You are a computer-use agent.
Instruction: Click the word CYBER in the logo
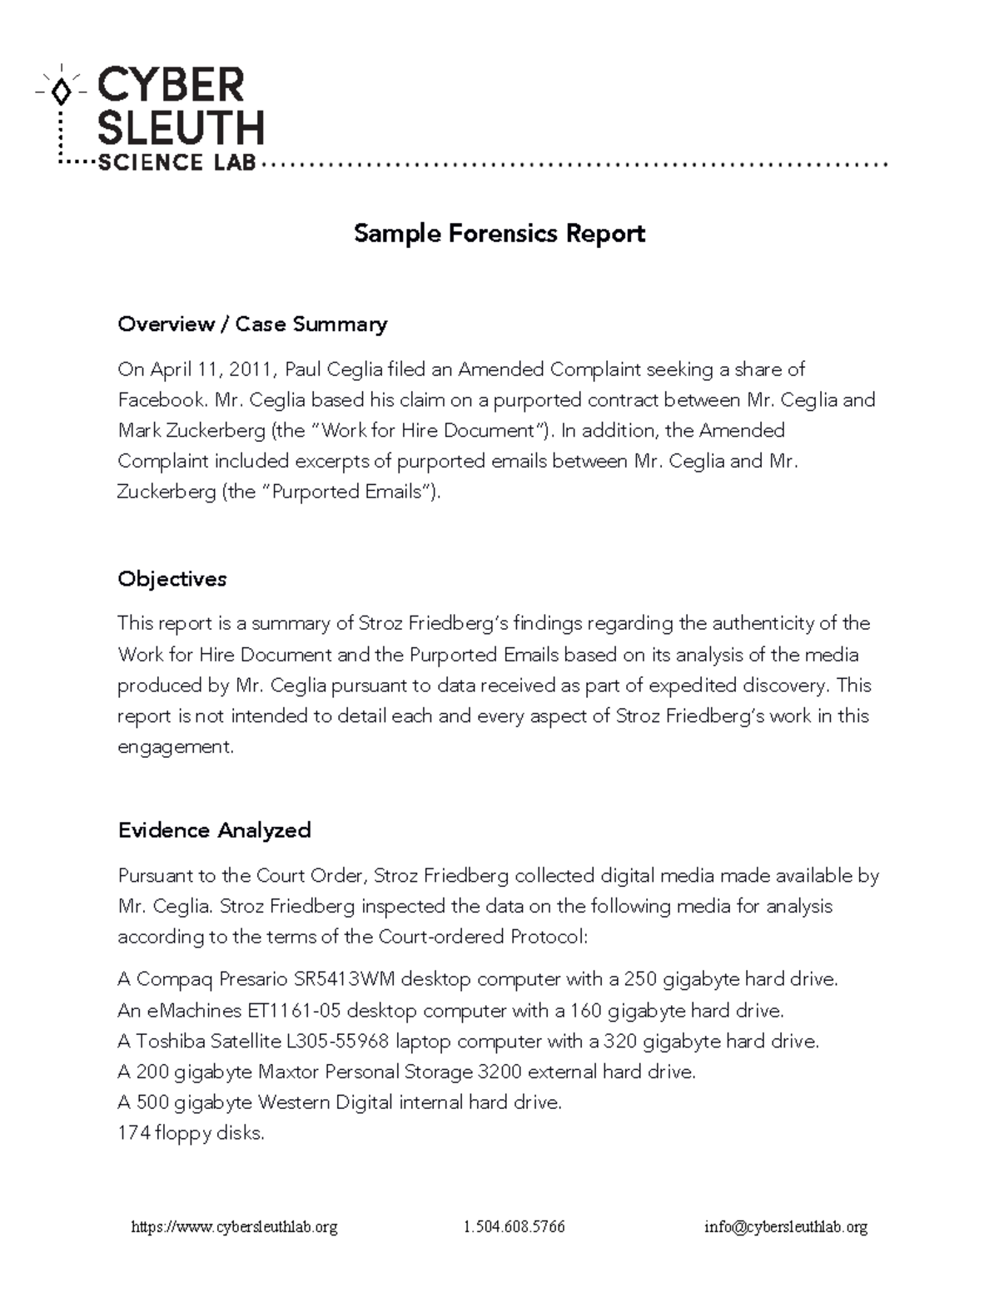(x=171, y=87)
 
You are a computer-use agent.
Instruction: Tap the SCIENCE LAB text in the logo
(x=176, y=163)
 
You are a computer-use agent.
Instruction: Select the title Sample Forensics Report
(x=499, y=233)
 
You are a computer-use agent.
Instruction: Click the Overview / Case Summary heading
(x=252, y=324)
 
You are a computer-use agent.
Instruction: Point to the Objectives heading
(x=172, y=578)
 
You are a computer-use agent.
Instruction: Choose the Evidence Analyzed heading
(x=215, y=829)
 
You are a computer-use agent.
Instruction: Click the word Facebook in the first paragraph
(x=161, y=399)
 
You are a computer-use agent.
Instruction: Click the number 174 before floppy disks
(x=133, y=1133)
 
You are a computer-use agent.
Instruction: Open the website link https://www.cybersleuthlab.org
(x=235, y=1227)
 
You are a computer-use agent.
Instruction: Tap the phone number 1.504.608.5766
(x=514, y=1227)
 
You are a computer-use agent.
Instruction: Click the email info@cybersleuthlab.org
(x=786, y=1227)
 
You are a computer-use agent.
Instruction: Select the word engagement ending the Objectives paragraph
(x=175, y=747)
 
